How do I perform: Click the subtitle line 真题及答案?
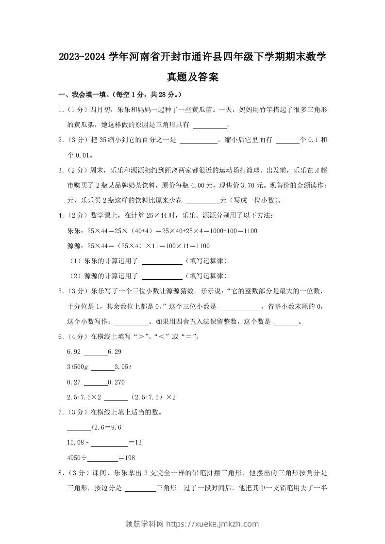point(192,77)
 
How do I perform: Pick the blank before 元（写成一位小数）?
point(203,200)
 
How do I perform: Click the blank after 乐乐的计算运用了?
point(162,261)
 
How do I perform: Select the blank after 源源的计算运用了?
point(162,276)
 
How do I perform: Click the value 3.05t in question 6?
point(123,367)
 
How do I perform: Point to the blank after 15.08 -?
point(109,443)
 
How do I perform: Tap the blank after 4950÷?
point(103,458)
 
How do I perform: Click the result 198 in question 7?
point(129,458)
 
